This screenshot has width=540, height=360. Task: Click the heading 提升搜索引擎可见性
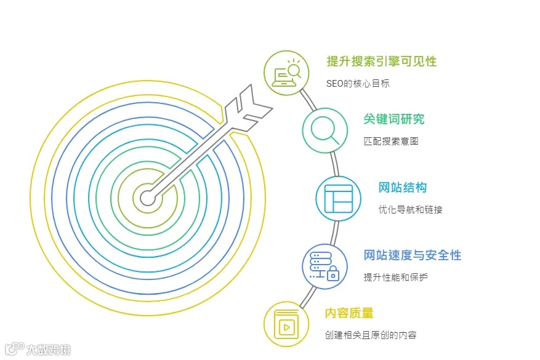381,61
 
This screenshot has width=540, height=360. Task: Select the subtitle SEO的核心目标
358,84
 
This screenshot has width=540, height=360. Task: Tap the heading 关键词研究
393,119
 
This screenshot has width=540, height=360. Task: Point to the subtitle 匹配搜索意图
391,141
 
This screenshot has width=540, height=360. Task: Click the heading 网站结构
403,188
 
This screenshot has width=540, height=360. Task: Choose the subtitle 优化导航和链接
410,210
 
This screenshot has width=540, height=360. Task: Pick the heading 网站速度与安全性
412,255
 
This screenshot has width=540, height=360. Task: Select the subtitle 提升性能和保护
395,278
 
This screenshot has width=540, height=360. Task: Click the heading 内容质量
349,313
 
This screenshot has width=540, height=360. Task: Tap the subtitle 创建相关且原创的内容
371,335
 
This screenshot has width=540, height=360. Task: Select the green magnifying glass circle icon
324,130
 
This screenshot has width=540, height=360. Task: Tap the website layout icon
338,198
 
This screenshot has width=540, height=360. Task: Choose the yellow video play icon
286,324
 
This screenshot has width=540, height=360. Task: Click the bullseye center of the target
147,198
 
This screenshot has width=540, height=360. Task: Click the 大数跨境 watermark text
49,350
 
